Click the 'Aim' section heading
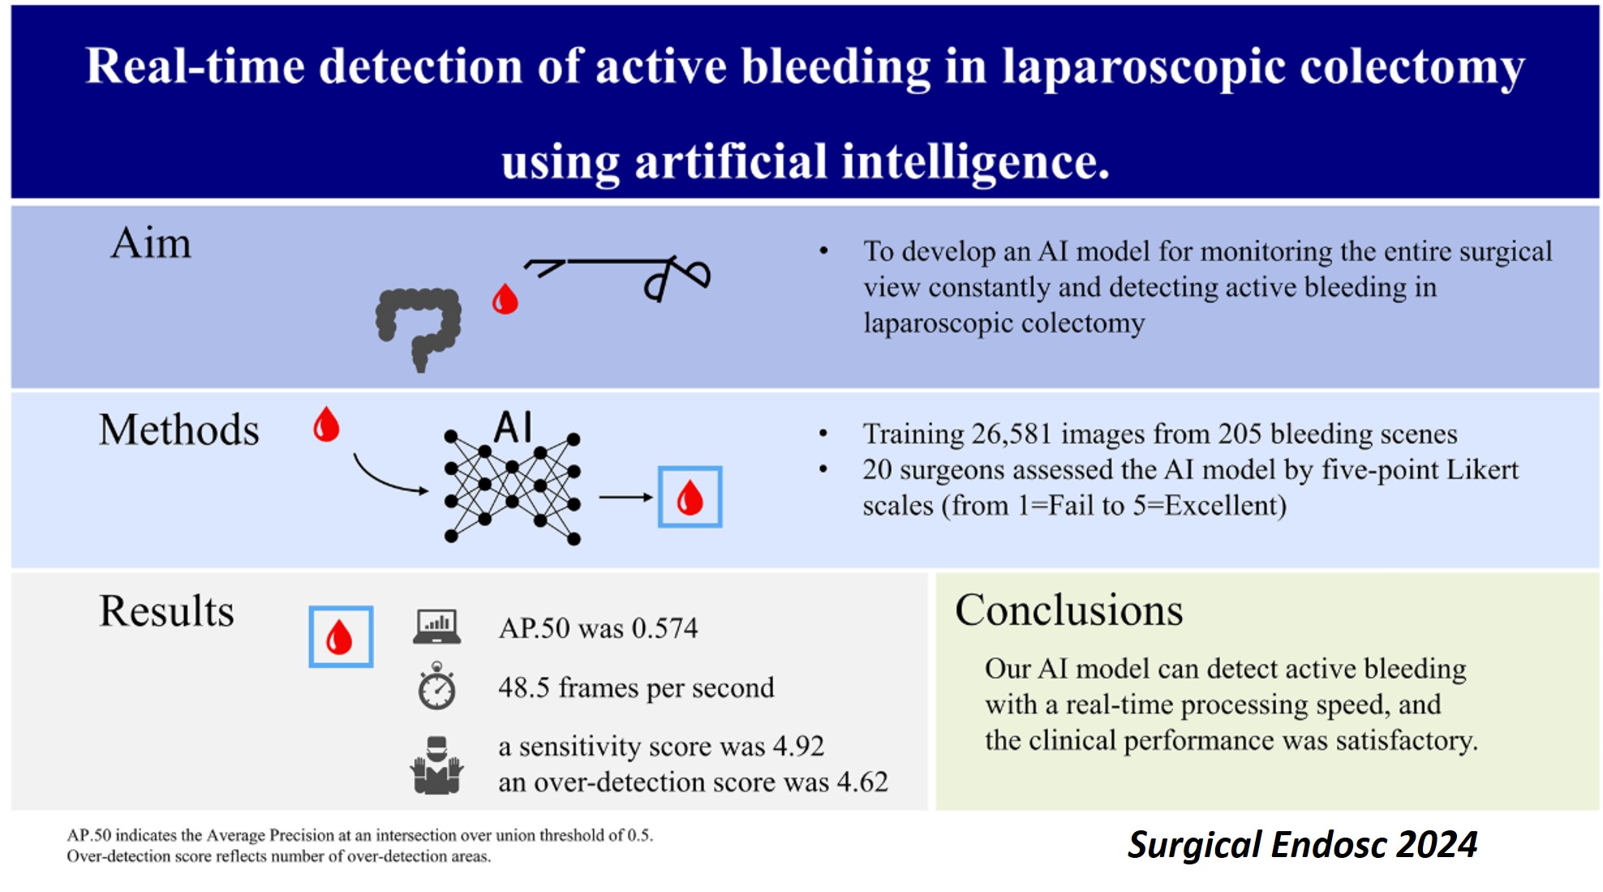click(x=151, y=243)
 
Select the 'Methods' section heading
click(x=179, y=429)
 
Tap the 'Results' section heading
click(x=166, y=610)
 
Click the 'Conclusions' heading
click(x=1069, y=610)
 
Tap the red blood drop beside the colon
click(x=505, y=299)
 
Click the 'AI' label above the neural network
click(x=513, y=427)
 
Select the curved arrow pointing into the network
click(x=388, y=479)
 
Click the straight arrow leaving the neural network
click(x=625, y=497)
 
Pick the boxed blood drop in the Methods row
click(x=690, y=497)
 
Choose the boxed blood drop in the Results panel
click(x=341, y=637)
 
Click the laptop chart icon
click(x=437, y=627)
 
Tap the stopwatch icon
click(x=437, y=687)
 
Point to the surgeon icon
click(x=437, y=765)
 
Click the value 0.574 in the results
click(x=664, y=628)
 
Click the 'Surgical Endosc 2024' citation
click(x=1303, y=844)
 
